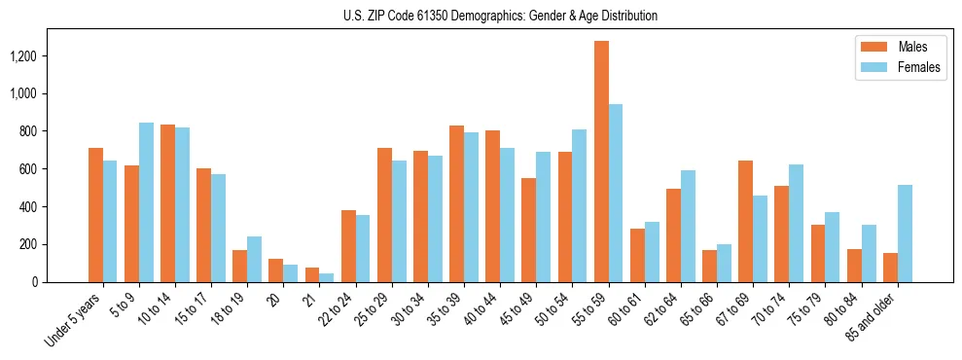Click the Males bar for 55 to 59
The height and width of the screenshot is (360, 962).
point(601,162)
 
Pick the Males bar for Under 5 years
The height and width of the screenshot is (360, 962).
point(95,215)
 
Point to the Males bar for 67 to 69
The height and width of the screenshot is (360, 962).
point(745,221)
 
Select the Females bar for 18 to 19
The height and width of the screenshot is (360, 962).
point(254,259)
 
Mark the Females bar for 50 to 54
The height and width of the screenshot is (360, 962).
point(579,205)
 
